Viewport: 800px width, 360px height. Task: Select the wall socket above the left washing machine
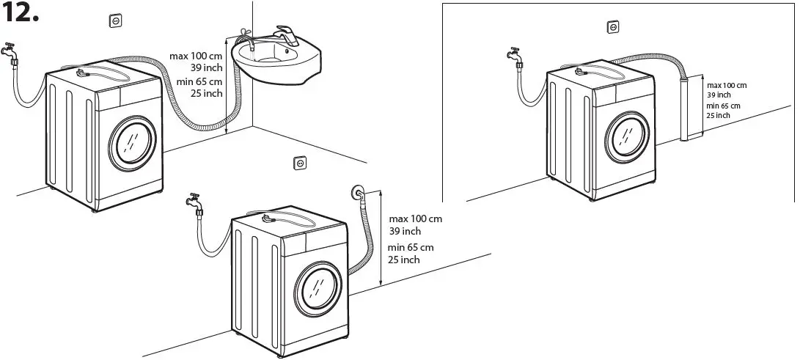click(x=115, y=21)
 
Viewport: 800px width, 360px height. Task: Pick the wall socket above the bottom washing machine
click(x=299, y=163)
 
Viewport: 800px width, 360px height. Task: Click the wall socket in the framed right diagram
click(x=612, y=27)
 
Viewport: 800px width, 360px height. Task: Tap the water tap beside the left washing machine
click(x=10, y=51)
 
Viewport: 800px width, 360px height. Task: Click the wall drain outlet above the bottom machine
click(x=357, y=194)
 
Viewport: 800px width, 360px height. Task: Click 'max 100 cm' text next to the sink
click(x=196, y=56)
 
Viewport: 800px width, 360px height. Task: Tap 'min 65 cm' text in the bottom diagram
click(x=411, y=247)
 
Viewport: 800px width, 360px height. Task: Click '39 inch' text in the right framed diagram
click(x=719, y=95)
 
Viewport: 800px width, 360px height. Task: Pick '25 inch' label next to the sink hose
click(x=207, y=93)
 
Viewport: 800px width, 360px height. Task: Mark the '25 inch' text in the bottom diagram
click(x=403, y=260)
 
